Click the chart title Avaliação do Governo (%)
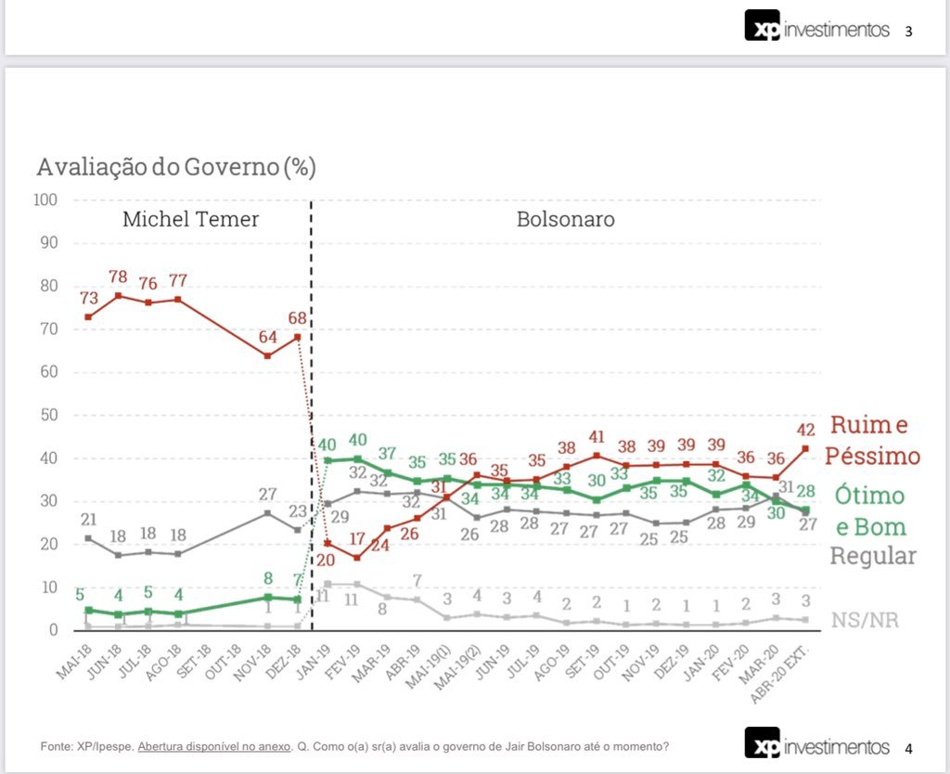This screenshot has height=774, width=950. (176, 168)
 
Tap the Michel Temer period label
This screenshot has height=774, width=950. (190, 220)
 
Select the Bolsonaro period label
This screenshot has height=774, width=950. (565, 220)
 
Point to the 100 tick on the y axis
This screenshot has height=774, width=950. (45, 200)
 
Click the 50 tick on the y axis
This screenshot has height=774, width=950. (49, 415)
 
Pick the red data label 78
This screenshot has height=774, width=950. (118, 277)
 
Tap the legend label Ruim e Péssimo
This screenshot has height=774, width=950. (875, 441)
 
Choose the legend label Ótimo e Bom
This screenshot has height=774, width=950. (870, 510)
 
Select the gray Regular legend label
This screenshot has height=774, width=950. (872, 556)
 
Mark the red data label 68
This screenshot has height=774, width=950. (297, 318)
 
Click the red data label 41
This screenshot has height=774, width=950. (596, 437)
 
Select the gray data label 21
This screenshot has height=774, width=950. (87, 519)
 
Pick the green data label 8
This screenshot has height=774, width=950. (268, 578)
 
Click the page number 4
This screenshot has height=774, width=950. (909, 748)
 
